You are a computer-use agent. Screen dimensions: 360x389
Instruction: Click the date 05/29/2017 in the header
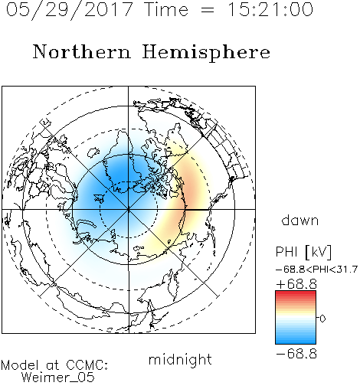pos(70,10)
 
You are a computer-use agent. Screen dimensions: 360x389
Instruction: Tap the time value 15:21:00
pos(270,9)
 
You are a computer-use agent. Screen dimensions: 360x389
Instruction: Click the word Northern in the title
pos(82,51)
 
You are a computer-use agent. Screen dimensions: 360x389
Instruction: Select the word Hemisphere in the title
pos(206,53)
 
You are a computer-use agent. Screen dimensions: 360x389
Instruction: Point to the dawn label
pos(300,220)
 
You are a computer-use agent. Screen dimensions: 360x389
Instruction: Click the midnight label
pos(180,359)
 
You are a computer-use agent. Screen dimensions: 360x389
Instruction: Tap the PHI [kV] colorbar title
pos(303,252)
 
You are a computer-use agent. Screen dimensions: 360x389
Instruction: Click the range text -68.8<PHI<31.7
pos(316,270)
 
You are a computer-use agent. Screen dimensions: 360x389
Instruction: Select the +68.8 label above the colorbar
pos(296,284)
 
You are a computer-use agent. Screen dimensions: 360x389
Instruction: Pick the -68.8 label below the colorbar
pos(296,354)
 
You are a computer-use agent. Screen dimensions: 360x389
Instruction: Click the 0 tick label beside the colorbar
pos(322,319)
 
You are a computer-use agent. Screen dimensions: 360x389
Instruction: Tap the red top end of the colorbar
pos(296,293)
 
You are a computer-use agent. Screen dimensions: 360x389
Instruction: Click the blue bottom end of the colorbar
pos(296,342)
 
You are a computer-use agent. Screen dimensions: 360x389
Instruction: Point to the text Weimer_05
pos(58,378)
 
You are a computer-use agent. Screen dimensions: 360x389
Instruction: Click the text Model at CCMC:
pos(54,365)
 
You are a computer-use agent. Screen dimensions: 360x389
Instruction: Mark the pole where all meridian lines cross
pos(129,210)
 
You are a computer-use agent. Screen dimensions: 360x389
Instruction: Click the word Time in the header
pos(166,9)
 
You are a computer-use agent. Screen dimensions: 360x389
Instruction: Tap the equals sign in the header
pos(208,10)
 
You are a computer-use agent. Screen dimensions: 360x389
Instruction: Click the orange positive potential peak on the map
pos(191,190)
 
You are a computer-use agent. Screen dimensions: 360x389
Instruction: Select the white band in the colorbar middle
pos(296,318)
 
